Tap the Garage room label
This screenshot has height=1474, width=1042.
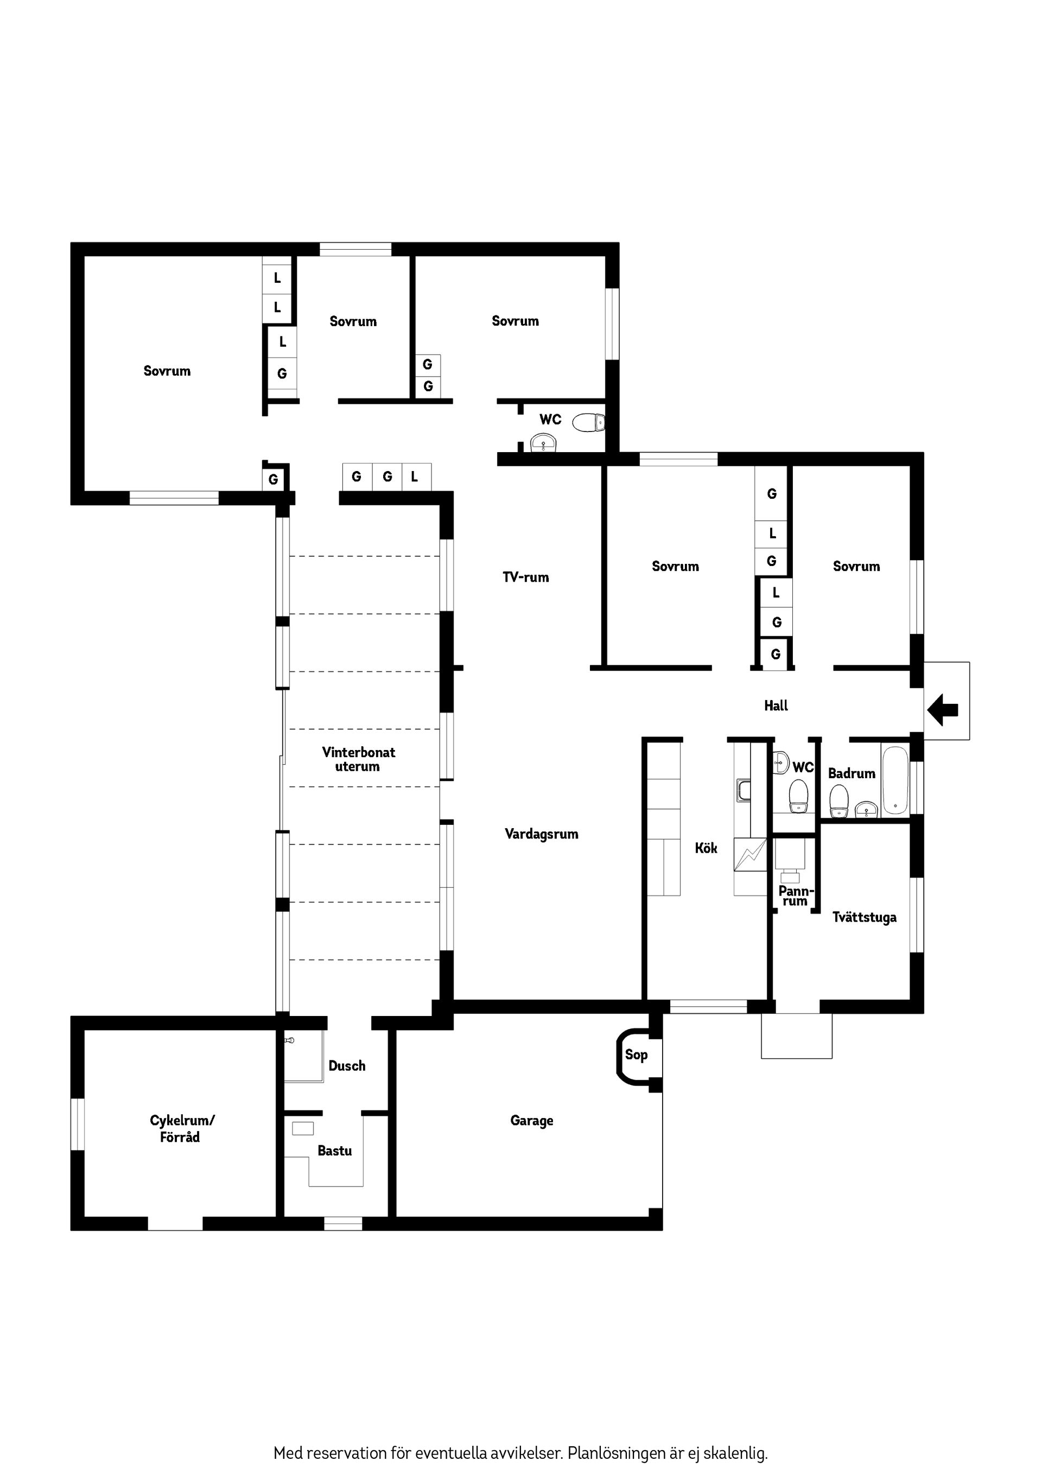tap(532, 1121)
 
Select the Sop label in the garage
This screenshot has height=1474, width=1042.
tap(636, 1054)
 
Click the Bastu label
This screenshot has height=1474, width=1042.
tap(334, 1151)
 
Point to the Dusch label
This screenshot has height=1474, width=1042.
tap(347, 1066)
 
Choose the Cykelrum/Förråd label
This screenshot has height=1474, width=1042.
tap(182, 1128)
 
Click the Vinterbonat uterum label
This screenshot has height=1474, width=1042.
tap(358, 759)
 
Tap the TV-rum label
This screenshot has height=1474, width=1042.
tap(526, 577)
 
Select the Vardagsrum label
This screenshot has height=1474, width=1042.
tap(541, 834)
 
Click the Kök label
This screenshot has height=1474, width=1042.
tap(706, 848)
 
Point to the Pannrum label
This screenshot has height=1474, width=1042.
tap(796, 895)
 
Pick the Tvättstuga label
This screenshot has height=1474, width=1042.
tap(864, 917)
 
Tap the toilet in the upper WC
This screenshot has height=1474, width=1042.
tap(589, 422)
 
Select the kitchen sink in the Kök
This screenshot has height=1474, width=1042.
tap(744, 790)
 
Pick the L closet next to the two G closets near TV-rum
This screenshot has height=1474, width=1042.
tap(415, 477)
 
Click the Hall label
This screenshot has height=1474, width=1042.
tap(776, 706)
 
